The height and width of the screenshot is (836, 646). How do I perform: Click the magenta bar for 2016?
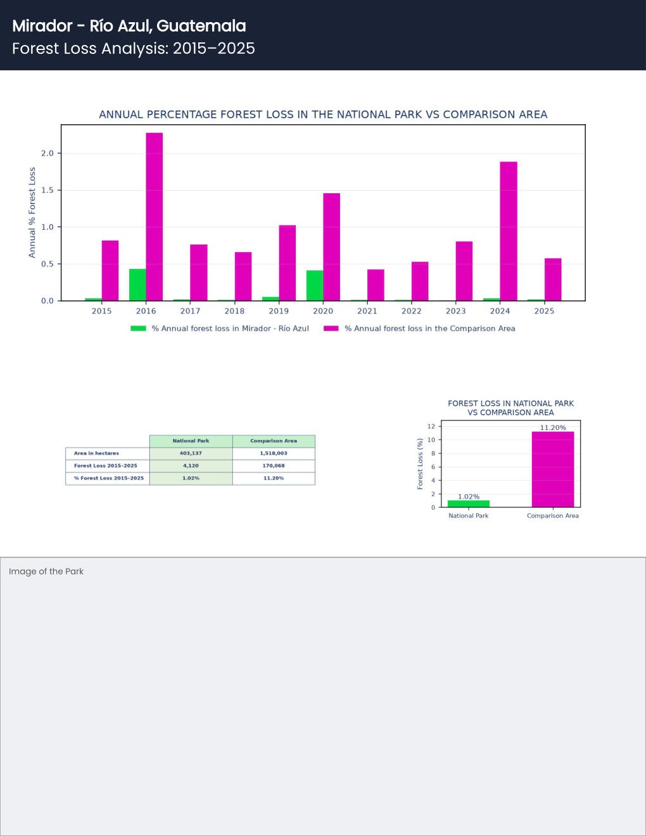155,217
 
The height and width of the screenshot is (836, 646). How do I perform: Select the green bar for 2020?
315,286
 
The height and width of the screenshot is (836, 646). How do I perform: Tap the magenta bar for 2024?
509,231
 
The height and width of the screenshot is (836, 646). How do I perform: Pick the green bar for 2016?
137,285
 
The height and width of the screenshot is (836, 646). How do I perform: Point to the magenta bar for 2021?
376,285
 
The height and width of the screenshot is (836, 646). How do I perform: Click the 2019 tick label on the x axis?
279,311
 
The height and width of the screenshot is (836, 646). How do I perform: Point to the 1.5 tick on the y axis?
47,190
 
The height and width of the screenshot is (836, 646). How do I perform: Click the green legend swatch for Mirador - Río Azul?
138,328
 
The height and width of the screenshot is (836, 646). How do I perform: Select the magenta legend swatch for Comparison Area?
331,328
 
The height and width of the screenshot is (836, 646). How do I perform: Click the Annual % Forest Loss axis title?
32,212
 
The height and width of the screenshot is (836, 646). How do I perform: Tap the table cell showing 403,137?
191,453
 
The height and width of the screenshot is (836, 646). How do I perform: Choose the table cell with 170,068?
274,465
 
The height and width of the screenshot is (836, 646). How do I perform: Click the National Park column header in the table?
191,441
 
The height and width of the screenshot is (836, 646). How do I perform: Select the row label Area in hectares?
96,453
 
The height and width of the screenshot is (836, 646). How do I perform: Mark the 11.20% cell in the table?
274,478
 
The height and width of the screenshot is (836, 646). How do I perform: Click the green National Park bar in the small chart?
469,503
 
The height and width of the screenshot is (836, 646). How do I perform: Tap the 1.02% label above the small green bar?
469,497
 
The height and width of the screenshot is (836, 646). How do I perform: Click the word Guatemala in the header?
201,26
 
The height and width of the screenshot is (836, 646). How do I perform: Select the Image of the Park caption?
46,571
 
